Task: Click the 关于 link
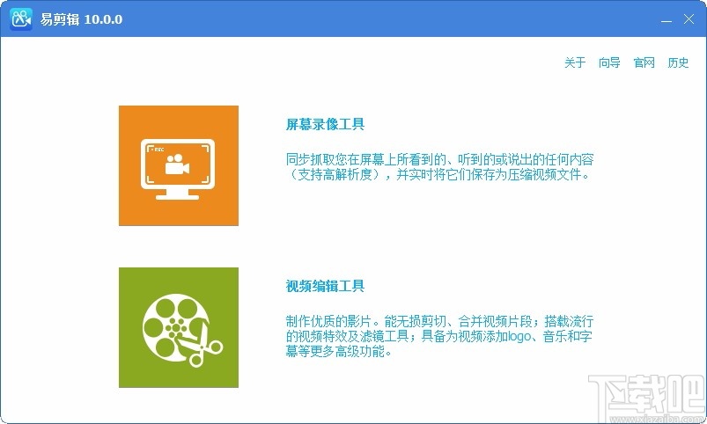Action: click(575, 62)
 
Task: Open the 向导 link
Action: click(609, 62)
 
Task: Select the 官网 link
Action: click(644, 62)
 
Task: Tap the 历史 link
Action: click(678, 62)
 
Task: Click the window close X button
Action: click(687, 18)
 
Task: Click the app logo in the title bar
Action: click(21, 19)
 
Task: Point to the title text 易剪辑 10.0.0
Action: click(81, 19)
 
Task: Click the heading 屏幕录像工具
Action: click(325, 124)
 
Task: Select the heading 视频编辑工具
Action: click(325, 286)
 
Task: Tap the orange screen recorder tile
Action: click(179, 165)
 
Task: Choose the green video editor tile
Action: click(179, 327)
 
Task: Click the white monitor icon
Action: click(179, 167)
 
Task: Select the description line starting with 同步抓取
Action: click(439, 159)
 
